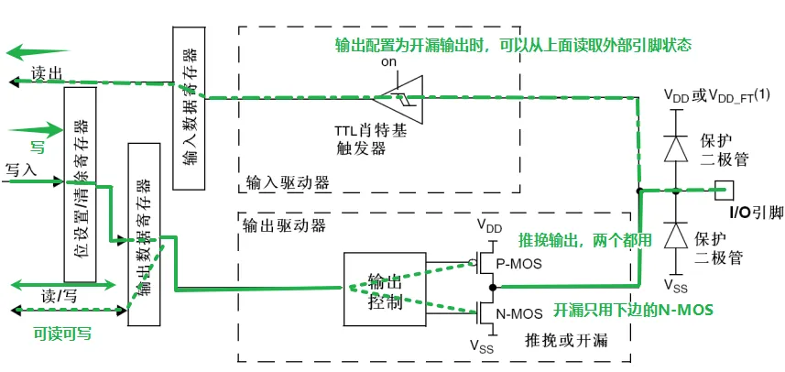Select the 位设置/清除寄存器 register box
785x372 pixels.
(80, 183)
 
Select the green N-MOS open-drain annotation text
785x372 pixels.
(633, 309)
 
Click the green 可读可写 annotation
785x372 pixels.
(63, 334)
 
